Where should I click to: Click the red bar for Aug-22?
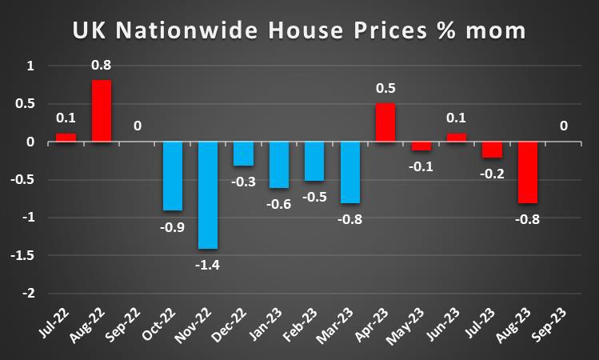tap(101, 111)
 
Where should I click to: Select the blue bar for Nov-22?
tap(208, 195)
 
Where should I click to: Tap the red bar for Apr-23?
tap(385, 122)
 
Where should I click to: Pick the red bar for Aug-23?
tap(527, 173)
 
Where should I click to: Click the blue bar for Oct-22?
tap(173, 176)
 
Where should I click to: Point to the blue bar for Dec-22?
tap(243, 154)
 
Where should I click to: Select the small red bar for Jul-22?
tap(66, 138)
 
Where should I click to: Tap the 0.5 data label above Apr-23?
tap(385, 88)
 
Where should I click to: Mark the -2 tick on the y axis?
tap(30, 294)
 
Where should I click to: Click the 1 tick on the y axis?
tap(32, 66)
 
